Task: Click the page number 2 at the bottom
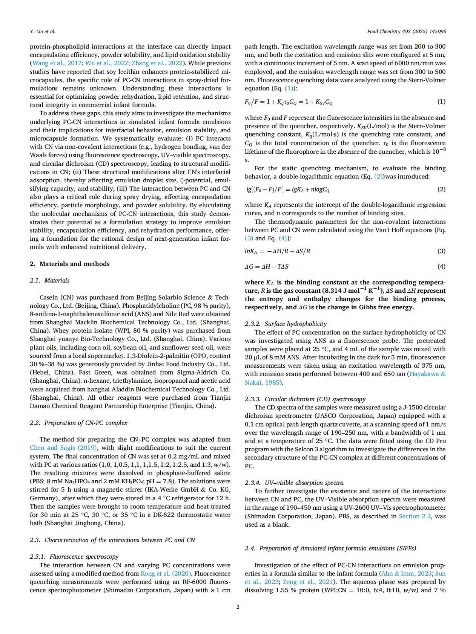tap(238, 607)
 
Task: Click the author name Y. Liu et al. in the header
tap(42, 31)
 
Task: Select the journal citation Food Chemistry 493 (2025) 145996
tap(406, 31)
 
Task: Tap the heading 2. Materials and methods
tap(70, 264)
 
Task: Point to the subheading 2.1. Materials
tap(50, 280)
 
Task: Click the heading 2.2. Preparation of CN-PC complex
tap(79, 423)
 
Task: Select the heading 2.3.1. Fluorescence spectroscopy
tap(74, 556)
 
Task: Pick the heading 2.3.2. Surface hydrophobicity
tap(286, 324)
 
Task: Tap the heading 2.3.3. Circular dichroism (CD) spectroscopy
tap(305, 399)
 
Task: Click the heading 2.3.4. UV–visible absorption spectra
tap(294, 483)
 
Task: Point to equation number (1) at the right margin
tap(441, 102)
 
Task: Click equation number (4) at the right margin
tap(441, 266)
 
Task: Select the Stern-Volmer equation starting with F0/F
tap(289, 102)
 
